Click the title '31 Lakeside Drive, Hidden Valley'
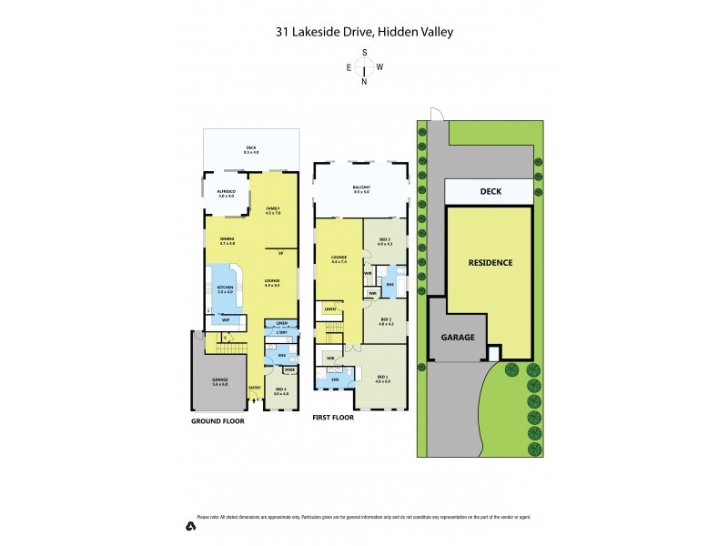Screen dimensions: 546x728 [364, 32]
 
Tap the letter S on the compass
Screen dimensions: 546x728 [364, 53]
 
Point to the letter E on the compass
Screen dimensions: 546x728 [349, 67]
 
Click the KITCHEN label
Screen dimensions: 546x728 [226, 287]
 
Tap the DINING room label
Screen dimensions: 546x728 [227, 240]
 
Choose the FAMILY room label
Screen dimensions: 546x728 [272, 209]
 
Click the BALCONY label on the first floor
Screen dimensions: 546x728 [361, 188]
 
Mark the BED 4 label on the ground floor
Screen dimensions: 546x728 [280, 389]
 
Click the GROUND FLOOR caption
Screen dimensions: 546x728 [217, 422]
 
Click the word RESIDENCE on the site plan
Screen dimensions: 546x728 [490, 263]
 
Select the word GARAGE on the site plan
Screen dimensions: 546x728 [459, 337]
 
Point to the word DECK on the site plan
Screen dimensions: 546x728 [490, 192]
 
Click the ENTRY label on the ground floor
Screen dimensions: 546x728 [254, 389]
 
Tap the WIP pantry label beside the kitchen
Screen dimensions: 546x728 [225, 318]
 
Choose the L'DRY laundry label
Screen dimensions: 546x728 [282, 333]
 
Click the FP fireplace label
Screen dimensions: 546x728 [280, 252]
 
